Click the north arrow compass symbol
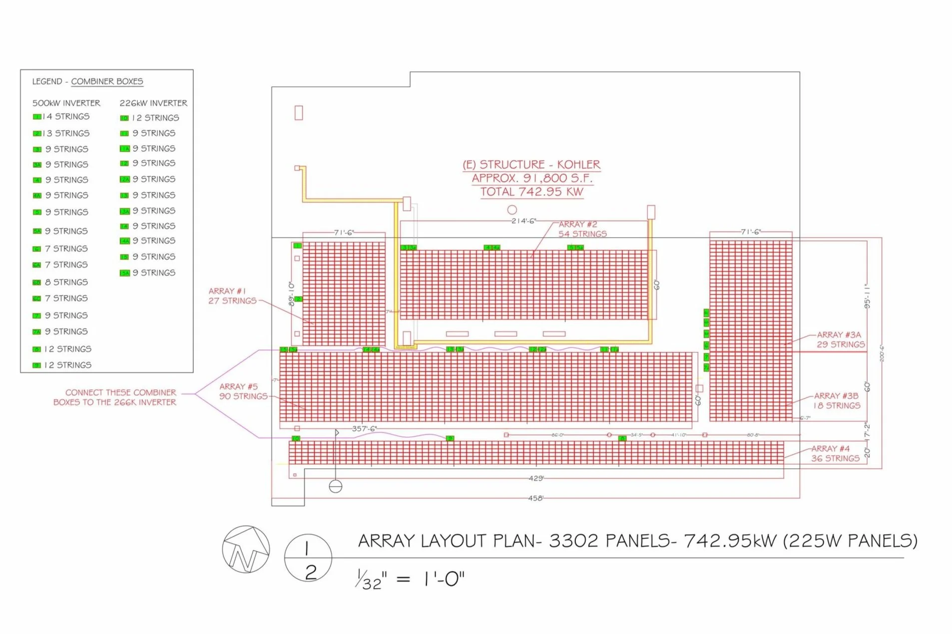pyautogui.click(x=245, y=549)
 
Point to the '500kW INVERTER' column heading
pyautogui.click(x=66, y=103)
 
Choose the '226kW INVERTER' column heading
pyautogui.click(x=153, y=103)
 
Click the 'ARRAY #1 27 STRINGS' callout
pyautogui.click(x=232, y=296)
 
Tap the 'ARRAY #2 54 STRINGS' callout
pyautogui.click(x=582, y=229)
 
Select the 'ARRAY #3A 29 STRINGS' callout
pyautogui.click(x=840, y=339)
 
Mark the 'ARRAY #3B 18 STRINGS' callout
pyautogui.click(x=837, y=400)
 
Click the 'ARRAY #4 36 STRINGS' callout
pyautogui.click(x=835, y=453)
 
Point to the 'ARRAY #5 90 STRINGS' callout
pyautogui.click(x=243, y=391)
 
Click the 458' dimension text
pyautogui.click(x=535, y=498)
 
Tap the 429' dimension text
pyautogui.click(x=535, y=478)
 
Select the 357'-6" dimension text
pyautogui.click(x=364, y=428)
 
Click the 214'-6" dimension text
pyautogui.click(x=523, y=221)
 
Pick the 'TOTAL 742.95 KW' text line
pyautogui.click(x=531, y=192)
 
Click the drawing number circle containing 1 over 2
pyautogui.click(x=308, y=558)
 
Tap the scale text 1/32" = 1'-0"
pyautogui.click(x=410, y=579)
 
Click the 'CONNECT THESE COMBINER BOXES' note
pyautogui.click(x=115, y=397)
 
